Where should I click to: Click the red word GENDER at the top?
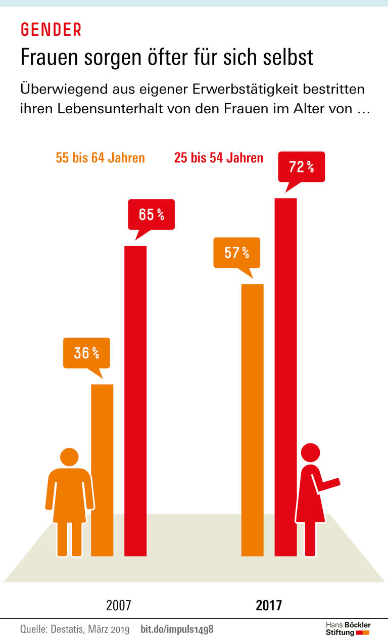coord(51,30)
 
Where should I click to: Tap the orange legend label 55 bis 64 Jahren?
coord(100,158)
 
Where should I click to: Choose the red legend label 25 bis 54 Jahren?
coord(219,158)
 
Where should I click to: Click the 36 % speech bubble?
coord(86,352)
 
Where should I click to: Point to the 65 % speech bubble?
coord(151,214)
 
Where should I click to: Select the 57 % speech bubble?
coord(236,252)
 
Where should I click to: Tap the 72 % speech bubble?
coord(301,166)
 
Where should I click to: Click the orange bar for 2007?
coord(102,470)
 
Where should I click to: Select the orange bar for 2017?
coord(253,420)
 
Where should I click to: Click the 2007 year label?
coord(119,605)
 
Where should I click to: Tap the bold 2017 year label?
coord(269,605)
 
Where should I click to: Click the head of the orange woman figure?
coord(70,458)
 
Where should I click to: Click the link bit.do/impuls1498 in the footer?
coord(177,629)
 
